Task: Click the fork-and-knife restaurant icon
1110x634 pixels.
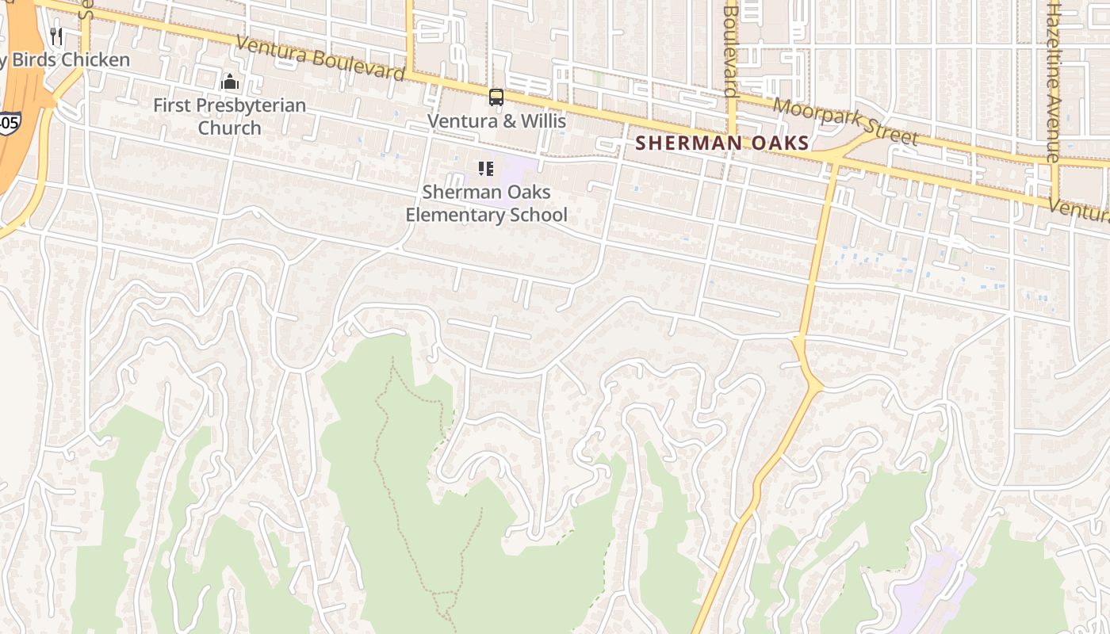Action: (x=55, y=36)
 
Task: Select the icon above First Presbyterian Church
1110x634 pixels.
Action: (x=230, y=82)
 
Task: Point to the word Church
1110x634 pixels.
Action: (x=229, y=128)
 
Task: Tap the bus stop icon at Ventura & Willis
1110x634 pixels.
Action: (x=496, y=97)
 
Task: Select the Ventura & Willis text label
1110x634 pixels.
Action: (x=496, y=120)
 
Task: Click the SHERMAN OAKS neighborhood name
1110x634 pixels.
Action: (x=721, y=143)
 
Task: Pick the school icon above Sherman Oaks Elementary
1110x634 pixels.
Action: (x=485, y=168)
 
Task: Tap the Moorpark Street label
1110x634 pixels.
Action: (x=845, y=121)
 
